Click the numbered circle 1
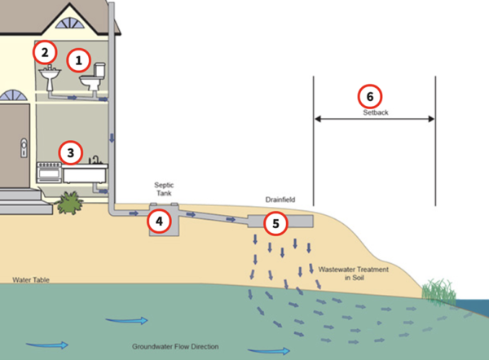(x=78, y=59)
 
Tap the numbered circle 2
(x=44, y=53)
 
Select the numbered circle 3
(x=71, y=151)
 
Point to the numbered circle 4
(x=159, y=220)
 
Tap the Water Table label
(x=31, y=279)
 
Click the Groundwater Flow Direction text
(x=175, y=347)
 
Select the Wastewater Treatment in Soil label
(x=353, y=273)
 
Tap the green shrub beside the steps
(x=70, y=201)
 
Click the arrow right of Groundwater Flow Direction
(x=274, y=350)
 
